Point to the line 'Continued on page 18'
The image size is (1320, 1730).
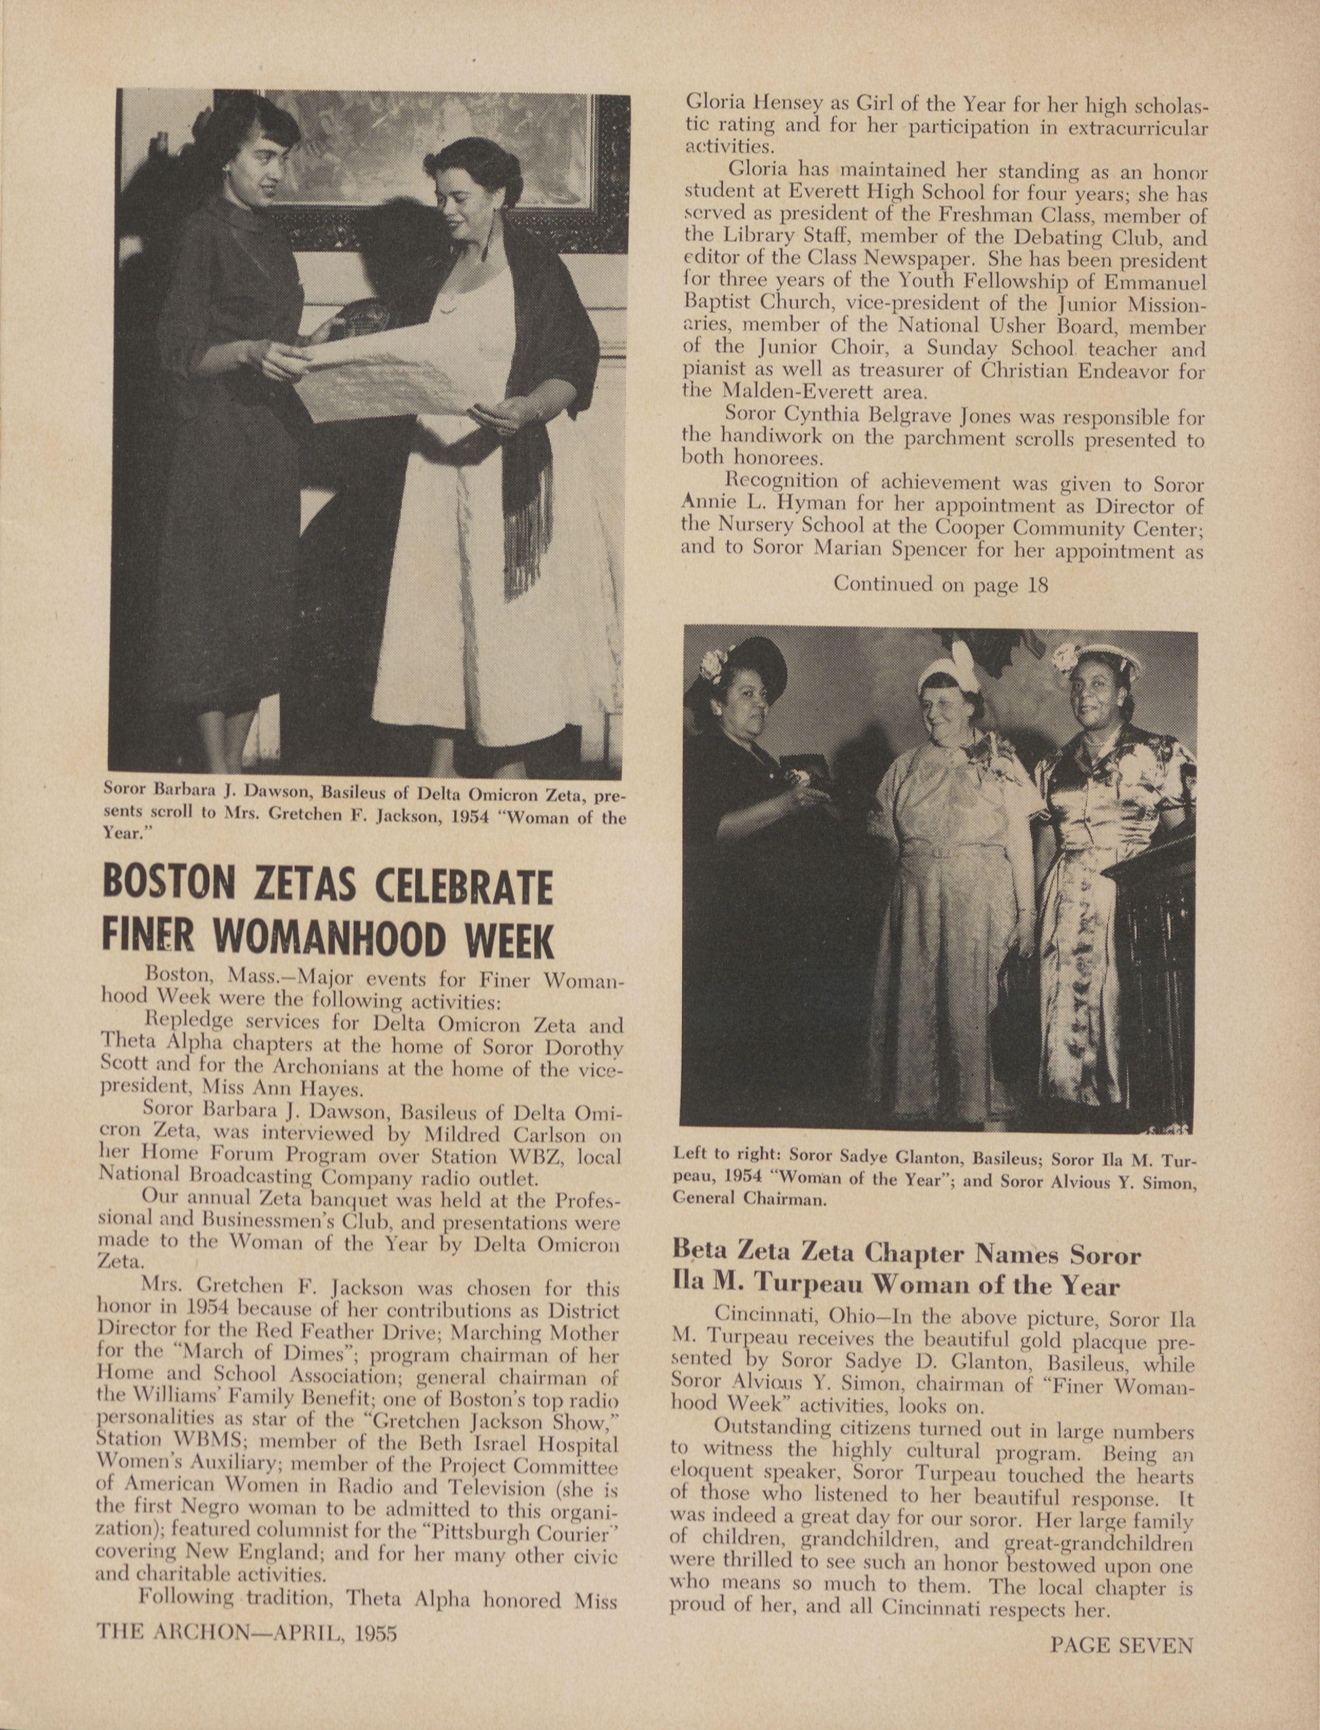940,584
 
